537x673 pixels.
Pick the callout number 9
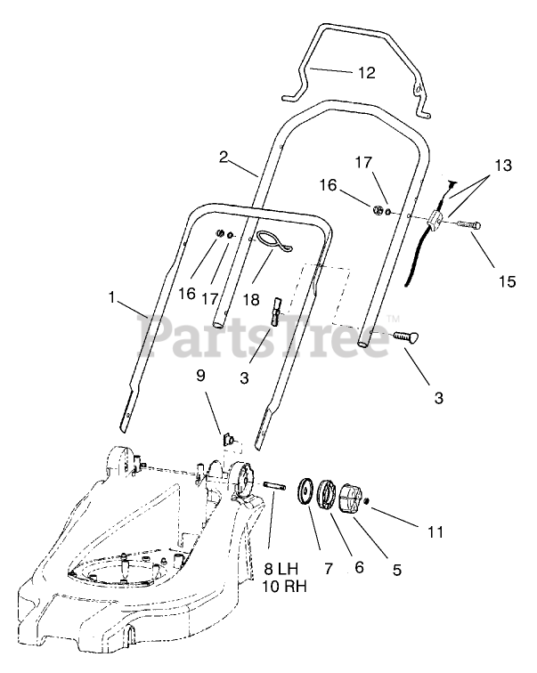click(x=201, y=376)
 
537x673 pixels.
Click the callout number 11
click(x=435, y=533)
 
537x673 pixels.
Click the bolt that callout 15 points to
click(x=468, y=226)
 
